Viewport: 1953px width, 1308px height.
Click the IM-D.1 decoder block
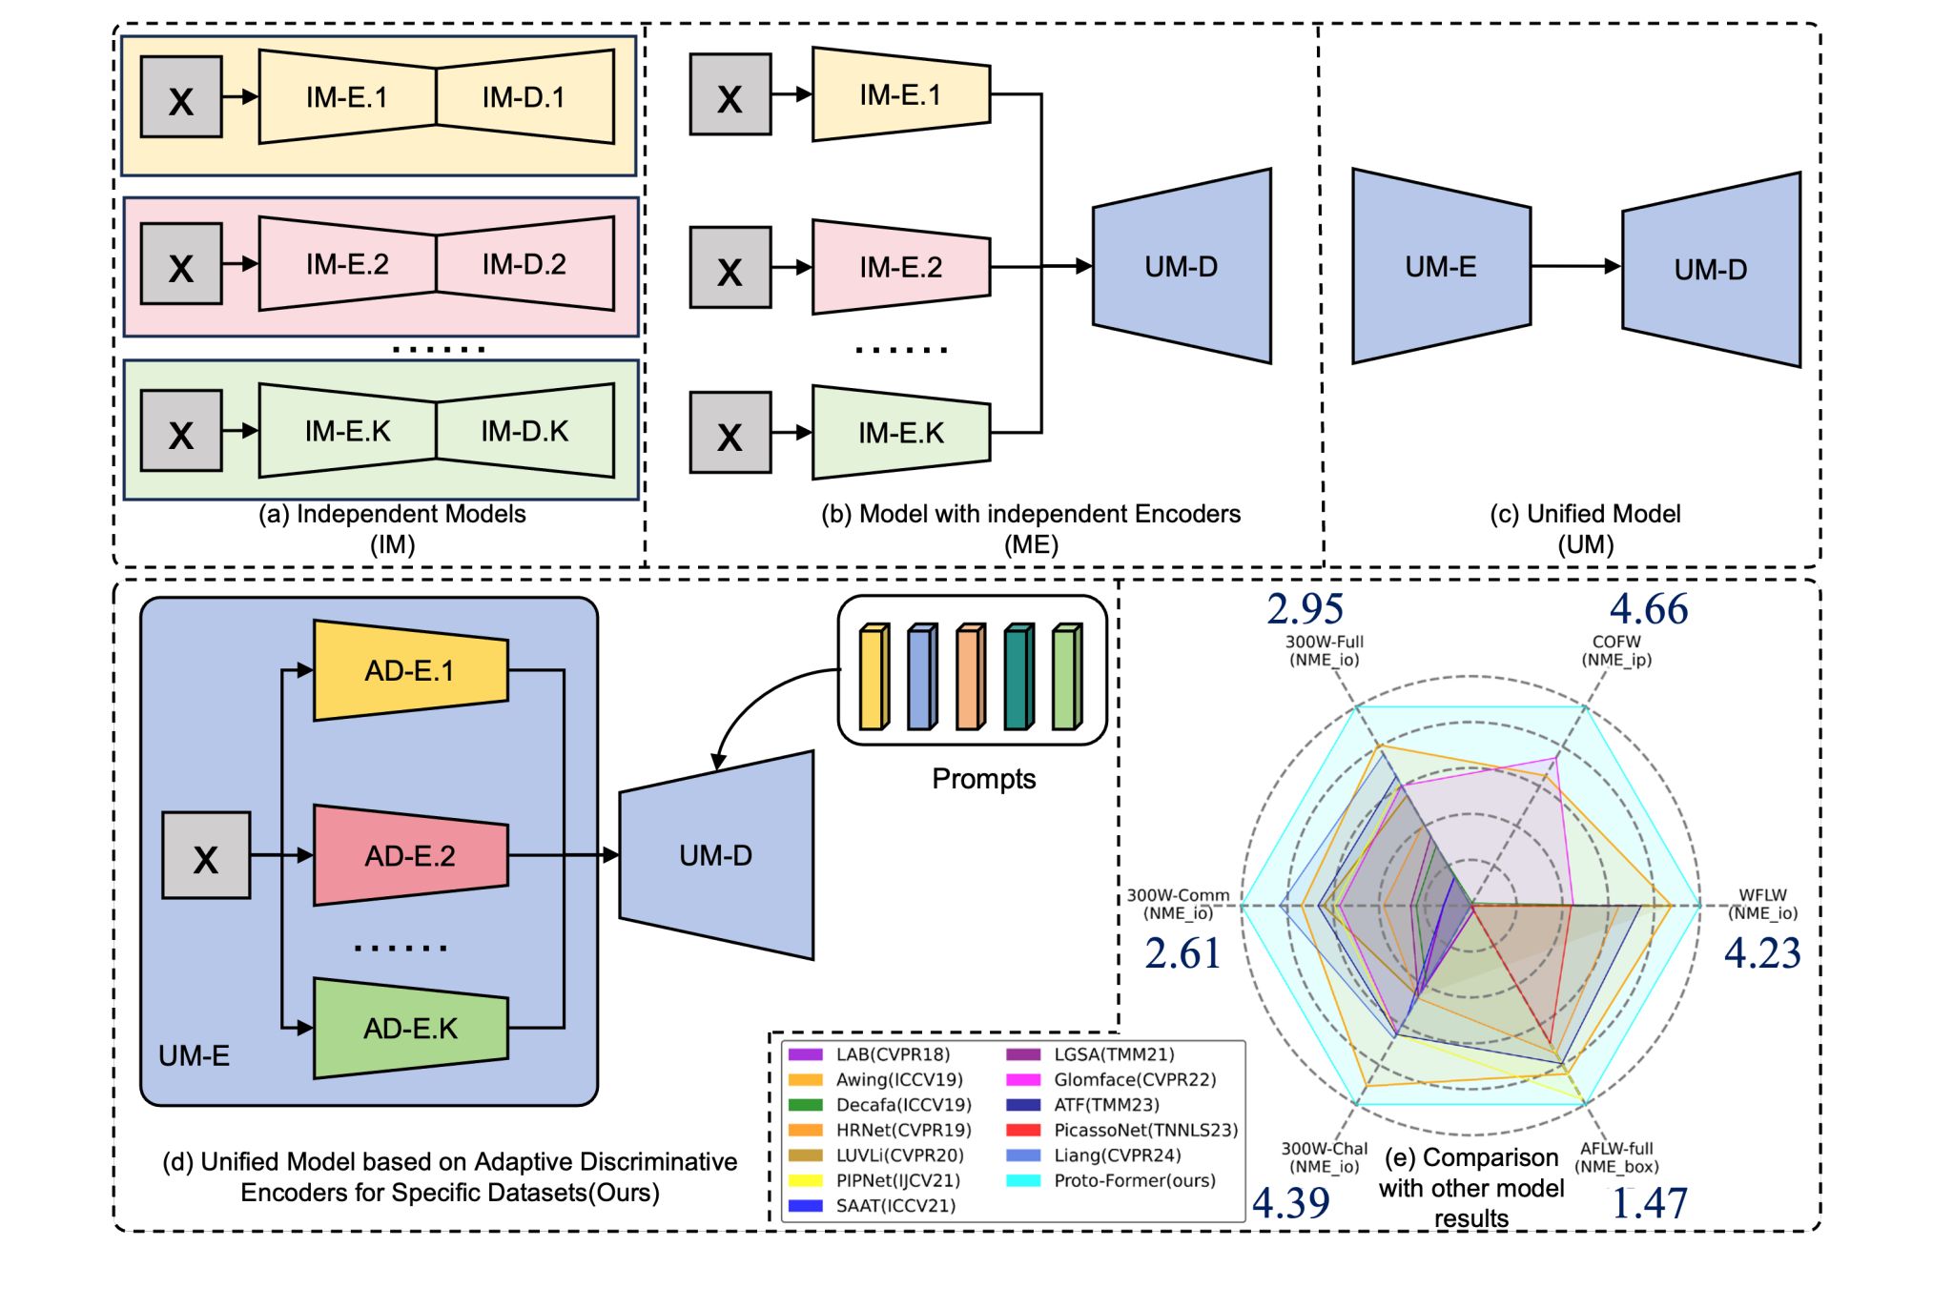click(524, 97)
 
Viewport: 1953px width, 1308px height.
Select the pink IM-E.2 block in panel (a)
click(347, 264)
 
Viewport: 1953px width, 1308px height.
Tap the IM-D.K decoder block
click(524, 431)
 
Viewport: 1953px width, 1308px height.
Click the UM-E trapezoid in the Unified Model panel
click(1441, 267)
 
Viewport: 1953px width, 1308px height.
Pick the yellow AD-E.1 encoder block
click(410, 671)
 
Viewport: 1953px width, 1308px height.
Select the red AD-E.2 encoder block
click(410, 855)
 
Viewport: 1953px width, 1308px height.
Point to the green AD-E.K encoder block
click(410, 1029)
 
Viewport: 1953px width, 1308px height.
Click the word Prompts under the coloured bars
click(983, 779)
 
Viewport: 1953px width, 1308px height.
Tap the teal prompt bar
click(1018, 677)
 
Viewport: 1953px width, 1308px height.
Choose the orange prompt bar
click(969, 677)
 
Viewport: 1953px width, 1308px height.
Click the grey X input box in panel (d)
click(206, 855)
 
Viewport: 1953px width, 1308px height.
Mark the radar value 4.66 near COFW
click(1649, 609)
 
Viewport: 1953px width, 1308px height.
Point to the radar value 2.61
click(1182, 953)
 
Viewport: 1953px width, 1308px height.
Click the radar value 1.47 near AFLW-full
click(1649, 1203)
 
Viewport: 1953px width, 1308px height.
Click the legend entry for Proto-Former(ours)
click(1134, 1180)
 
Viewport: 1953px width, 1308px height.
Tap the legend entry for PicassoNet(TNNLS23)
click(1144, 1130)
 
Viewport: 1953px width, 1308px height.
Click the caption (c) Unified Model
click(1585, 514)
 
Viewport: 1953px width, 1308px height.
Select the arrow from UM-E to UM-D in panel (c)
click(1575, 267)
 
